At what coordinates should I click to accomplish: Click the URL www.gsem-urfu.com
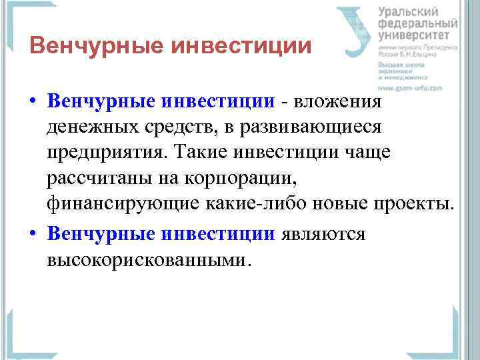[x=410, y=87]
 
